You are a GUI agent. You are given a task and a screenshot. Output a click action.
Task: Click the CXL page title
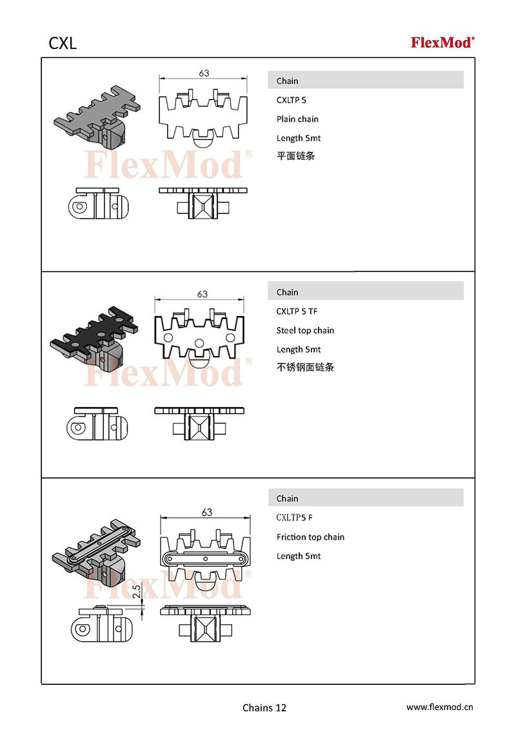point(63,43)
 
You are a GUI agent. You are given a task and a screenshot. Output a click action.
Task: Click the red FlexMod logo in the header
point(442,43)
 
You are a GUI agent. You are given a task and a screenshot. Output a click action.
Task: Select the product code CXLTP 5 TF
point(297,311)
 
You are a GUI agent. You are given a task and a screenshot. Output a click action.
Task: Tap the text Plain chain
point(297,119)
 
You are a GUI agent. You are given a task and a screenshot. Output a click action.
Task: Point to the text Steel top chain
point(305,331)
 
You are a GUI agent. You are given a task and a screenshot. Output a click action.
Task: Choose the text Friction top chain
point(310,537)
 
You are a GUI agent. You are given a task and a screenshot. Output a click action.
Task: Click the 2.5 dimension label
point(137,591)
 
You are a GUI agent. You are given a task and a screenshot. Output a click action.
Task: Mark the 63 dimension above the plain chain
point(204,73)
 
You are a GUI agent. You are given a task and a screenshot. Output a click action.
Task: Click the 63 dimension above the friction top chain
point(207,512)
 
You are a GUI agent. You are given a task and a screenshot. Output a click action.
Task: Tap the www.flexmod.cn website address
point(440,707)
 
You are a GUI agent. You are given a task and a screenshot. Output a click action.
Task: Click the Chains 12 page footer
point(264,707)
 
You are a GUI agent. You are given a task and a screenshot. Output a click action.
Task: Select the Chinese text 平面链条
point(295,156)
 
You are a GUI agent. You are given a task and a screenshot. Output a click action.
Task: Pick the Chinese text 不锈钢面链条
point(306,367)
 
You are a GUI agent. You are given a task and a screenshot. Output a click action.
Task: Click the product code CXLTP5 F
point(294,518)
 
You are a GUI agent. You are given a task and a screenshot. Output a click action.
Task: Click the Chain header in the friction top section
point(287,498)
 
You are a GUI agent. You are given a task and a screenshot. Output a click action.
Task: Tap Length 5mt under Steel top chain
point(299,350)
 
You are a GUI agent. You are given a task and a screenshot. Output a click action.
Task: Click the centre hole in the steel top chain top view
point(199,343)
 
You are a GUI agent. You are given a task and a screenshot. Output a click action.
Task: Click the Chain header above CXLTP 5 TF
point(287,292)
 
